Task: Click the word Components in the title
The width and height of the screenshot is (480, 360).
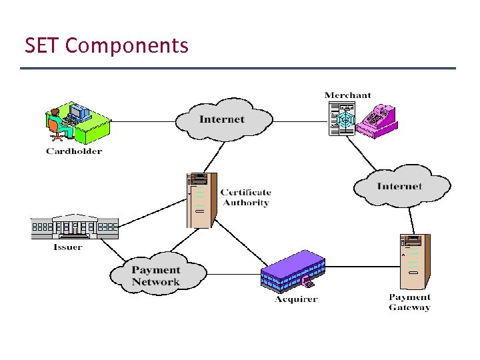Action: pos(127,47)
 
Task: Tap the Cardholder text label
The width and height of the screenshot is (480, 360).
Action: pos(74,151)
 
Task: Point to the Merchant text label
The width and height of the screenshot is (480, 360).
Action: pos(347,95)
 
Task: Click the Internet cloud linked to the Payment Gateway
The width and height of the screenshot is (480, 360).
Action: pos(400,186)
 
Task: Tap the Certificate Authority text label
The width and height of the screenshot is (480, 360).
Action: pos(245,198)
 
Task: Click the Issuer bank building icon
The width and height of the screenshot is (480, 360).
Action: pos(75,227)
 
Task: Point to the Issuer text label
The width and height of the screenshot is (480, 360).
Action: pos(68,247)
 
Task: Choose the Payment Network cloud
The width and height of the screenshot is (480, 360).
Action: pos(156,275)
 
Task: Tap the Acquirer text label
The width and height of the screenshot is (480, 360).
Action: pos(296,299)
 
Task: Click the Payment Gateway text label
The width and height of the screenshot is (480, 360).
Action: pos(409,302)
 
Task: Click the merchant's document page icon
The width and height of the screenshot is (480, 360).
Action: pos(343,119)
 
